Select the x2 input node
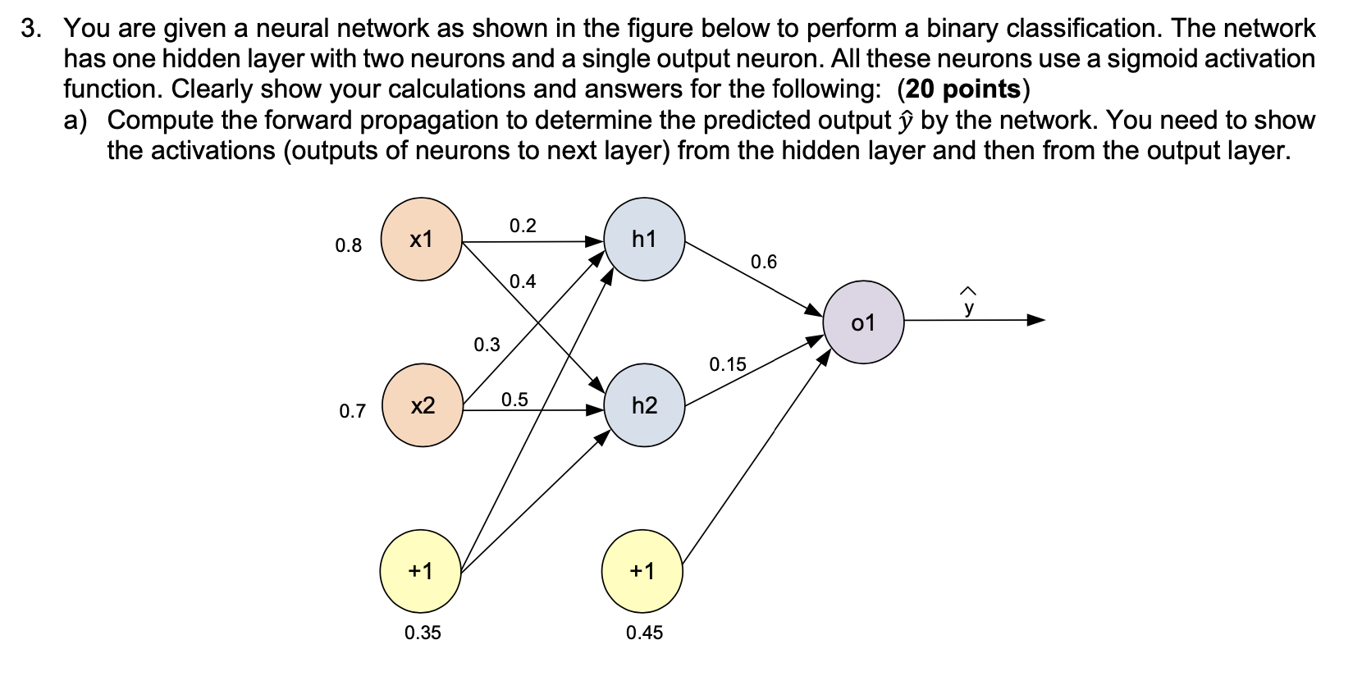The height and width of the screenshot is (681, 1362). pos(423,405)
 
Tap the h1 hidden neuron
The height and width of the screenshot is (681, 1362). pos(644,239)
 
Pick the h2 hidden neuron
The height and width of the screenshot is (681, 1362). pos(644,405)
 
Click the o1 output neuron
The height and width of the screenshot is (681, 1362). pos(863,322)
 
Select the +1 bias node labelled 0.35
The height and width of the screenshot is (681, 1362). pos(420,571)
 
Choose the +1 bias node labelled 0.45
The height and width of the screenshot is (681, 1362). pos(642,571)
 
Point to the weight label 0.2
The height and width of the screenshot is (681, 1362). pos(523,226)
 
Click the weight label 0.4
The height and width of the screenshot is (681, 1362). pos(523,281)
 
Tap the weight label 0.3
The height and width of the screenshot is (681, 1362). pos(487,345)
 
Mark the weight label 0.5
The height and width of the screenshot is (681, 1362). pos(514,400)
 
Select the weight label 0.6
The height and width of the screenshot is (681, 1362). pos(763,262)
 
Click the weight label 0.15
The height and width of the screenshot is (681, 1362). pos(728,363)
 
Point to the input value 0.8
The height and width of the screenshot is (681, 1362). pos(349,245)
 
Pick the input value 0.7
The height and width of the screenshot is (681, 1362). pos(352,411)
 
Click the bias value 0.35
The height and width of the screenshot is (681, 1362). pos(423,633)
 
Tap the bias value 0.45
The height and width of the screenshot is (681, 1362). pos(644,633)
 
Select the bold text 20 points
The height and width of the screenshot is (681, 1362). pos(963,89)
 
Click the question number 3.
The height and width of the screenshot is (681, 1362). pos(30,29)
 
